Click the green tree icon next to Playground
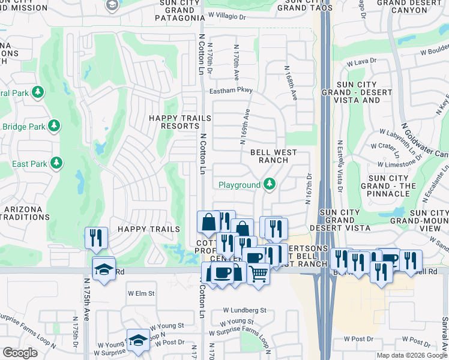coord(270,184)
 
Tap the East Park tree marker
coord(56,163)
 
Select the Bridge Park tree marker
coord(54,126)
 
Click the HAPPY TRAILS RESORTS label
coord(180,122)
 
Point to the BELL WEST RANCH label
coord(273,156)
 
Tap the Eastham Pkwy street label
coord(231,91)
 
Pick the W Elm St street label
coord(141,293)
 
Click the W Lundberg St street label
coord(244,310)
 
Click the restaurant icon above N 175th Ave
coord(96,238)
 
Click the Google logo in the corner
coord(20,353)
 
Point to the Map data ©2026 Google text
coord(412,355)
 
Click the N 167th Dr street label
coord(310,188)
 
